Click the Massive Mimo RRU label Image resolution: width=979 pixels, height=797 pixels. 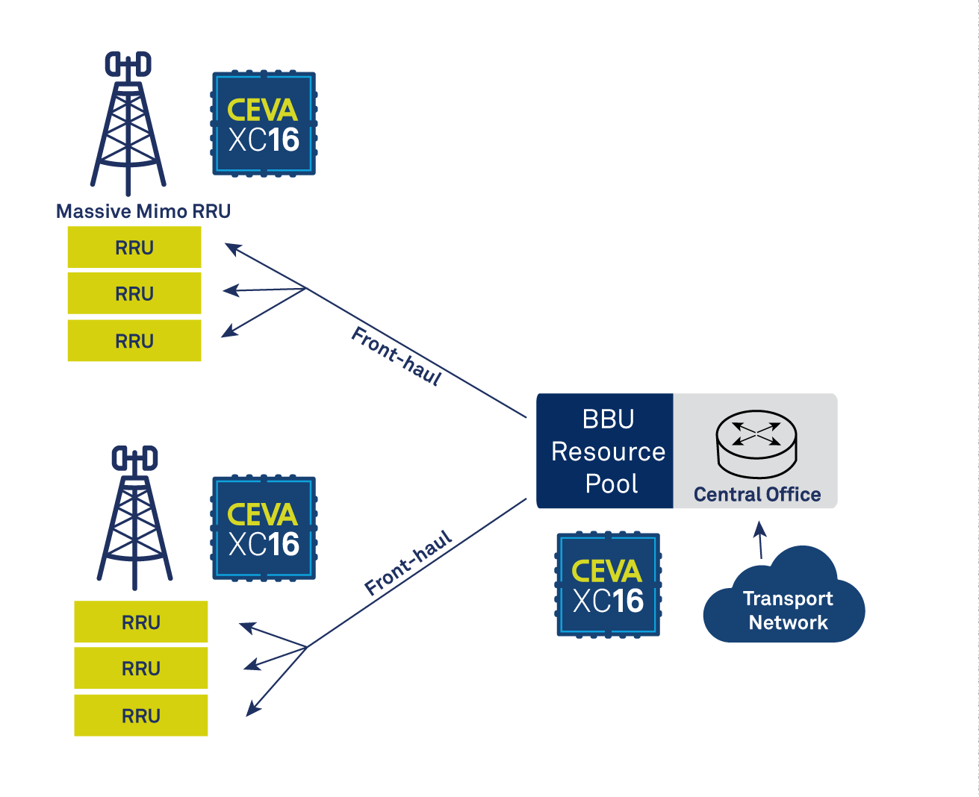tap(143, 211)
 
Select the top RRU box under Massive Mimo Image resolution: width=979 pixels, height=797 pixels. tap(134, 248)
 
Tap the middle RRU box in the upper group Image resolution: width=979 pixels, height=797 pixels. tap(134, 293)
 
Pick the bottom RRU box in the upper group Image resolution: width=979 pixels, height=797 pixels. tap(134, 341)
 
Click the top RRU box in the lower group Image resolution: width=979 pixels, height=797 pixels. tap(141, 622)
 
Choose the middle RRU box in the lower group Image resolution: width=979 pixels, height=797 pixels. tap(141, 669)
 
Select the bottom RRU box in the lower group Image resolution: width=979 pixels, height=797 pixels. tap(141, 716)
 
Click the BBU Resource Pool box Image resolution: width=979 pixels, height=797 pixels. tap(606, 451)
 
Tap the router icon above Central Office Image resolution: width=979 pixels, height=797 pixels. tap(756, 443)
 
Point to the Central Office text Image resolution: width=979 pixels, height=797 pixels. tap(756, 495)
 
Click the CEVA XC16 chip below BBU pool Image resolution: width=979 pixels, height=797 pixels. tap(608, 585)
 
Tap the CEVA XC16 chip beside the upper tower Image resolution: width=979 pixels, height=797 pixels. tap(264, 124)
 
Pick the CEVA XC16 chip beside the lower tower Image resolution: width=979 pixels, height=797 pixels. tap(264, 528)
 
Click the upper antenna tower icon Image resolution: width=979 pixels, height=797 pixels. tap(128, 123)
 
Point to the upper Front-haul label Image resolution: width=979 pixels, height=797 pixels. tap(397, 356)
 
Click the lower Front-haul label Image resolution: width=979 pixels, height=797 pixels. tap(408, 563)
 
